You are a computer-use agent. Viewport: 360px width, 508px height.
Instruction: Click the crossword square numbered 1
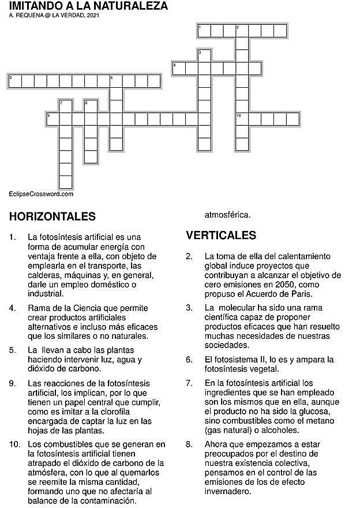[x=204, y=31]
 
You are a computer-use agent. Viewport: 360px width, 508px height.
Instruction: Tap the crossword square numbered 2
[x=242, y=31]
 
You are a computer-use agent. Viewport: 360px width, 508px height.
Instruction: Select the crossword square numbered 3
[x=204, y=56]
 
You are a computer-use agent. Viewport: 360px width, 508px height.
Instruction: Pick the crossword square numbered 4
[x=178, y=69]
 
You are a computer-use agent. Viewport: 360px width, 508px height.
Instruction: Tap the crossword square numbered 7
[x=65, y=106]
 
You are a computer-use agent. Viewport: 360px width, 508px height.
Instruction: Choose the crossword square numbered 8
[x=91, y=106]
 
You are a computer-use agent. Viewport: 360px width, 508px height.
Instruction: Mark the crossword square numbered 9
[x=52, y=119]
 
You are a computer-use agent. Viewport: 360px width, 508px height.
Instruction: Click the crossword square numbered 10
[x=242, y=119]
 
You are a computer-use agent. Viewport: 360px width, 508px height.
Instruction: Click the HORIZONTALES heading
[x=52, y=217]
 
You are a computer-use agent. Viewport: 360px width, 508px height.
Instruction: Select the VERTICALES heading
[x=221, y=236]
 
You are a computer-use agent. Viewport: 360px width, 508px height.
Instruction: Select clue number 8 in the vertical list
[x=189, y=444]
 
